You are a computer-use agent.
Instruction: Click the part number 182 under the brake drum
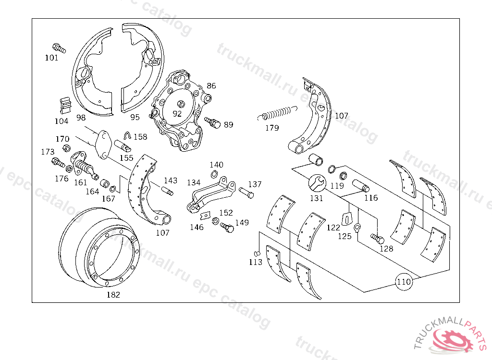click(113, 295)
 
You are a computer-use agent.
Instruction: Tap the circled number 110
click(404, 282)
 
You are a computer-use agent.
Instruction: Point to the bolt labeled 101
click(58, 48)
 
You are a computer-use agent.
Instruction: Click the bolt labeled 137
click(246, 194)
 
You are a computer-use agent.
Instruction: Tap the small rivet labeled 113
click(257, 253)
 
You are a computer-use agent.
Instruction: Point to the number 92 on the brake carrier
click(177, 114)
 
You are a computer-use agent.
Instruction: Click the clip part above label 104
click(64, 105)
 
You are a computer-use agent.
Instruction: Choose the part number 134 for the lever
click(194, 183)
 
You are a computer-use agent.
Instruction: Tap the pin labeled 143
click(168, 192)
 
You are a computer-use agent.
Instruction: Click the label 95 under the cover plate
click(135, 117)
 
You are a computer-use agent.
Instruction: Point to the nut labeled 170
click(67, 147)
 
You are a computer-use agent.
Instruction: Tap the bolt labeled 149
click(226, 228)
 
